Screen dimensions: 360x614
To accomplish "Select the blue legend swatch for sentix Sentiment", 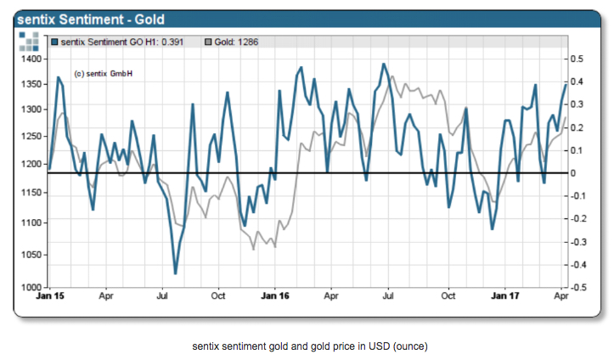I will pyautogui.click(x=55, y=41).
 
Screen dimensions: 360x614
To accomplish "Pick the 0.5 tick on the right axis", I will pyautogui.click(x=577, y=59).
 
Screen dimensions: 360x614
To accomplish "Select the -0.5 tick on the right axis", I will pyautogui.click(x=577, y=287).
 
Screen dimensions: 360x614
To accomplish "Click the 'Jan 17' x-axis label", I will pyautogui.click(x=506, y=297).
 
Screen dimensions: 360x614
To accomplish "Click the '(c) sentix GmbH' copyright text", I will pyautogui.click(x=104, y=74).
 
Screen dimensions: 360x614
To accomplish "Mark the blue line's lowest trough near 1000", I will pyautogui.click(x=175, y=273).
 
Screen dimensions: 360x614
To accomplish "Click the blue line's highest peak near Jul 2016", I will pyautogui.click(x=384, y=65).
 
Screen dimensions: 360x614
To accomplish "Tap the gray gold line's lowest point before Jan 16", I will pyautogui.click(x=254, y=248).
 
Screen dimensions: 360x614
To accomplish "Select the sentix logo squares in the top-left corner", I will pyautogui.click(x=31, y=41).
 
